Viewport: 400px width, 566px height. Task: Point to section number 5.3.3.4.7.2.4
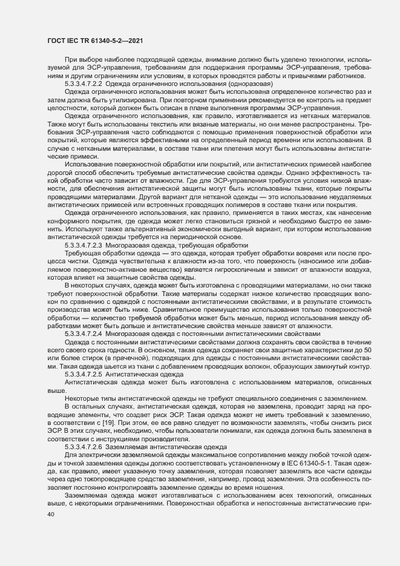[x=83, y=334]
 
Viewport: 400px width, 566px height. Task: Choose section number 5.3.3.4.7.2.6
[x=83, y=429]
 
